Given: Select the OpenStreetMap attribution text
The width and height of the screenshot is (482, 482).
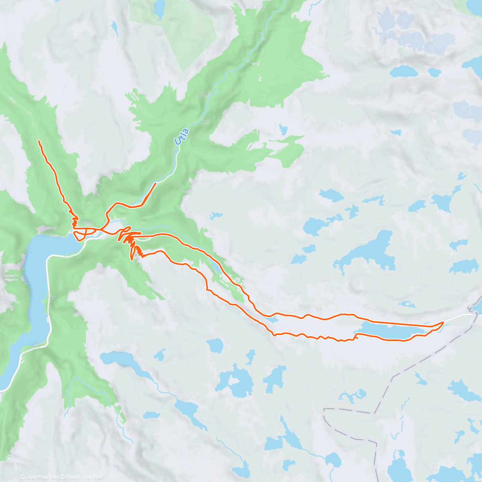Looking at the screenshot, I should click(84, 477).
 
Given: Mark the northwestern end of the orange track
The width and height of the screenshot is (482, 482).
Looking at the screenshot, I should click(39, 141).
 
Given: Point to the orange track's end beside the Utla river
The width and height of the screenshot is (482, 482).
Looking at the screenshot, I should click(155, 183).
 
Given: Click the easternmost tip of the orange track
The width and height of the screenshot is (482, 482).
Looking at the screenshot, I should click(443, 322).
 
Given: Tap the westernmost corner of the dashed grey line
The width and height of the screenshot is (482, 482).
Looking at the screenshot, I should click(325, 409).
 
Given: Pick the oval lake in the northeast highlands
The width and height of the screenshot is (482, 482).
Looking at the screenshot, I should click(404, 71).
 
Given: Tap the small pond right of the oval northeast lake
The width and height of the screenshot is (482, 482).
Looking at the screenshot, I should click(434, 72).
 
